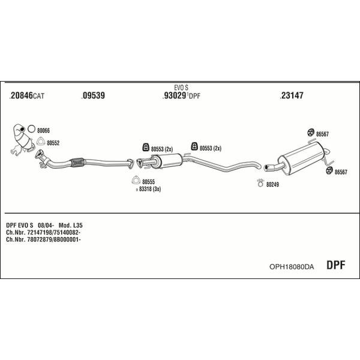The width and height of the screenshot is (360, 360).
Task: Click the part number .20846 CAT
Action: click(27, 95)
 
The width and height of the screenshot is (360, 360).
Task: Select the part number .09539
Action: click(93, 95)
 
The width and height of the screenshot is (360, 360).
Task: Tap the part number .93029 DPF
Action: click(181, 95)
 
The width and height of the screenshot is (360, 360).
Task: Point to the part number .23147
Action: click(292, 95)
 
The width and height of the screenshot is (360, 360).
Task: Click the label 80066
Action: click(43, 131)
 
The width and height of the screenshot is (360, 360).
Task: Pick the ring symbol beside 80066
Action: click(31, 129)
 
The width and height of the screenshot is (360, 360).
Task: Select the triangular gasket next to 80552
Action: click(41, 142)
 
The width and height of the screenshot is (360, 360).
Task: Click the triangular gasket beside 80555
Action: click(136, 181)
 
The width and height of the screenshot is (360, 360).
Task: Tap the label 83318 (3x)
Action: click(150, 189)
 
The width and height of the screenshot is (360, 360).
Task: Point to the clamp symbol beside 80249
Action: click(260, 183)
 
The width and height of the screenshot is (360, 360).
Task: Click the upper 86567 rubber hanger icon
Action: click(311, 133)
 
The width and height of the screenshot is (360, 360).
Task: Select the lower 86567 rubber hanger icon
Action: click(329, 171)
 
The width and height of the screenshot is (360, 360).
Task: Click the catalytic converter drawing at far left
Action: click(23, 139)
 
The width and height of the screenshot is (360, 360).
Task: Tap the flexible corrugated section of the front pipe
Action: click(78, 162)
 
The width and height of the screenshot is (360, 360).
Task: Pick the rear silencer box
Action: click(301, 158)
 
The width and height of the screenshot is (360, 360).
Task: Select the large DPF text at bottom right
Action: click(335, 265)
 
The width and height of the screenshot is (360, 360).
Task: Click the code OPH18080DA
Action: click(292, 266)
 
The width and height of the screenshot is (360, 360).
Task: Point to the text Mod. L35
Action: click(70, 225)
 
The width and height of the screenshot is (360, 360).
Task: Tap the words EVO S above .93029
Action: click(181, 88)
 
